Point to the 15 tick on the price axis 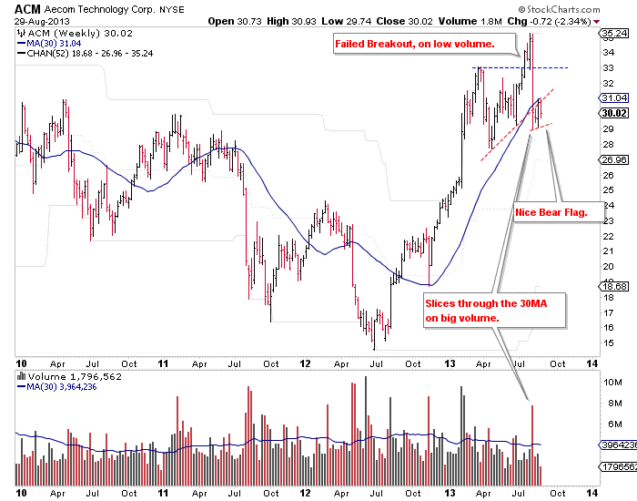click(607, 343)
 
